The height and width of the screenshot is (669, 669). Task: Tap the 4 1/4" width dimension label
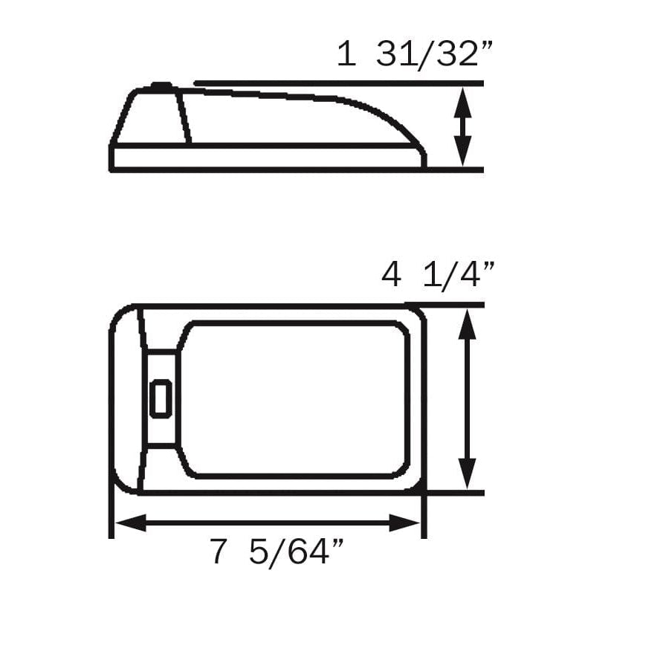pos(438,276)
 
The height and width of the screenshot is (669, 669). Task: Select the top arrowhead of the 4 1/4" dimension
pos(467,321)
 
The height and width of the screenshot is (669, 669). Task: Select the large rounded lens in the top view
pos(294,399)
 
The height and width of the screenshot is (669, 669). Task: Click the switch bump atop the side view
pos(161,87)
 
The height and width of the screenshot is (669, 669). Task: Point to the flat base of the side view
pos(268,158)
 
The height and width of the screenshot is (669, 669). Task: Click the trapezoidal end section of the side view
pos(152,117)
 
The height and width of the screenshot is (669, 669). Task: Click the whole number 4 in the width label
pos(392,276)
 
